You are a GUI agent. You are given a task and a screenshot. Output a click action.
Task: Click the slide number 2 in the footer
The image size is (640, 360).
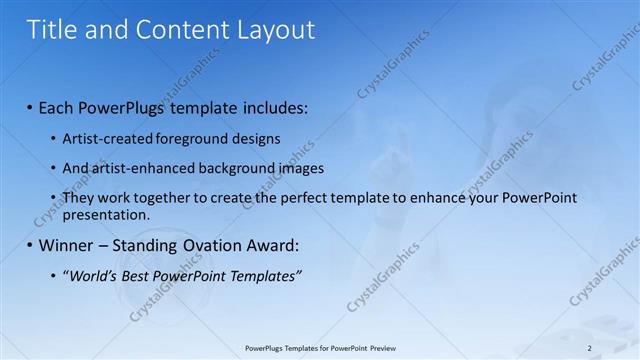point(589,348)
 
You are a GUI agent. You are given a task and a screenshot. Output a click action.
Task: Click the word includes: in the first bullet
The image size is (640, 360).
point(272,107)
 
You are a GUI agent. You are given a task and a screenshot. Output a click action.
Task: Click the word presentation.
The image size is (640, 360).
point(106,215)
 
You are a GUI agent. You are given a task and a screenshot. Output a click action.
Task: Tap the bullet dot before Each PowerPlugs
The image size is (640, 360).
point(29,108)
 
